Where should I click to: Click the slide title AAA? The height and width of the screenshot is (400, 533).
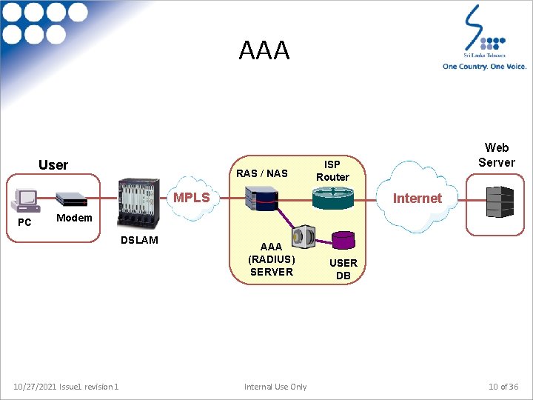(x=264, y=50)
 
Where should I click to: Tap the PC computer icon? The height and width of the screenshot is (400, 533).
(x=25, y=201)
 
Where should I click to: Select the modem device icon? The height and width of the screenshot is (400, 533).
(x=71, y=199)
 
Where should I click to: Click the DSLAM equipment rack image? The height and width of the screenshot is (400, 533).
(x=138, y=203)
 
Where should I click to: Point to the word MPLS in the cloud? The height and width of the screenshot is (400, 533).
(x=192, y=197)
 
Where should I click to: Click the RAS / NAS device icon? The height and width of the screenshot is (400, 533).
(x=262, y=199)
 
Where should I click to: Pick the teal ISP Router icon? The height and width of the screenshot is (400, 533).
(x=333, y=198)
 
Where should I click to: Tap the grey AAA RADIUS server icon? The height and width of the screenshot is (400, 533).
(x=304, y=236)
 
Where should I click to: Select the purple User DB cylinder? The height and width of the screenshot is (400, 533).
(x=343, y=240)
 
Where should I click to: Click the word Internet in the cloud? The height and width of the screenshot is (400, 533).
(x=418, y=199)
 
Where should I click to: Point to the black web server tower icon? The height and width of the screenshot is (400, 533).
(x=500, y=201)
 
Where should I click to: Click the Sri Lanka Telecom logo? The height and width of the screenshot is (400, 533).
(x=485, y=32)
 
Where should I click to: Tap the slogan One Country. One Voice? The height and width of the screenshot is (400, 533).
(x=484, y=67)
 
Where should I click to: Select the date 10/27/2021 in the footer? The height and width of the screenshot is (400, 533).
(x=36, y=387)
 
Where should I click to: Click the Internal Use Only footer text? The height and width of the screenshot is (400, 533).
(x=275, y=387)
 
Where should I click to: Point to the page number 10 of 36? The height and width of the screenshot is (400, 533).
(x=503, y=387)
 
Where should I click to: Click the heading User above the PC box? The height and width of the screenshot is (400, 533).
(x=53, y=165)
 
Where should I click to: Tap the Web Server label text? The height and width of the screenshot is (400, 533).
(x=497, y=155)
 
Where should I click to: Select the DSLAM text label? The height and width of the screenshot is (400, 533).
(x=139, y=240)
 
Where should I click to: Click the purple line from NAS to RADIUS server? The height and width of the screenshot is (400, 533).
(x=285, y=218)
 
